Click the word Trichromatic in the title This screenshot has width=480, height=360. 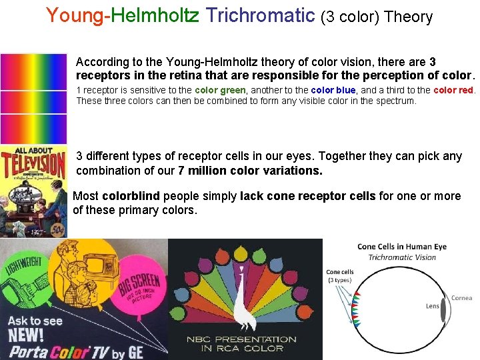(x=261, y=15)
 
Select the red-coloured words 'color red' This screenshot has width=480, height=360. (x=454, y=90)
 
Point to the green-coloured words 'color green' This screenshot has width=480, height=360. (x=220, y=90)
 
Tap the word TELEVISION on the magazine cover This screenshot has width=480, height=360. (x=34, y=163)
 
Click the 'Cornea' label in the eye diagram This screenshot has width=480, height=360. (x=461, y=298)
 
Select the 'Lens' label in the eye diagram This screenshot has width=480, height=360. (x=432, y=306)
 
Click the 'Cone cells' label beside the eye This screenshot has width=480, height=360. (x=340, y=272)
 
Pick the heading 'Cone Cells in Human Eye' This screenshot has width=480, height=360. (x=402, y=247)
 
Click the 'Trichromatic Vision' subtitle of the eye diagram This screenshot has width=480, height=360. (x=402, y=257)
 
